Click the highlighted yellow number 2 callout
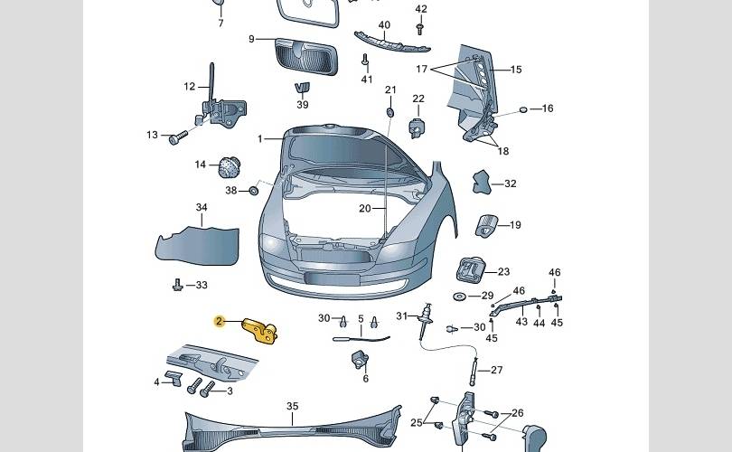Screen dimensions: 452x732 (x=219, y=321)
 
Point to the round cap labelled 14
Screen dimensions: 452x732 (x=229, y=166)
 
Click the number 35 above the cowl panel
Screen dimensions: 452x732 (x=292, y=406)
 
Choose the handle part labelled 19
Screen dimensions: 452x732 (x=487, y=225)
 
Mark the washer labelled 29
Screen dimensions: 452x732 (x=459, y=297)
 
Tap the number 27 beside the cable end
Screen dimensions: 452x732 (x=496, y=370)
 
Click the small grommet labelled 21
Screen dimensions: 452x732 (x=389, y=112)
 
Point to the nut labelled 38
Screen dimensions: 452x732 (x=255, y=190)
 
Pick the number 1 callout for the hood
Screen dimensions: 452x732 (x=260, y=139)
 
